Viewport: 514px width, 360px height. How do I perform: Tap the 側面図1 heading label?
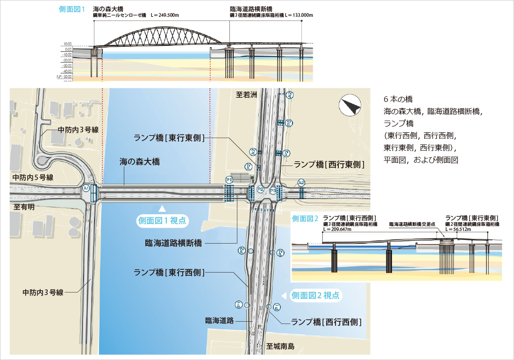tap(71, 9)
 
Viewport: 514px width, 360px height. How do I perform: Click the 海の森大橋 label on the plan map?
tap(140, 162)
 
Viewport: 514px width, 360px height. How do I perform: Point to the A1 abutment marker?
tap(86, 188)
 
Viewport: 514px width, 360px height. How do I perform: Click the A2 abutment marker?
tap(301, 183)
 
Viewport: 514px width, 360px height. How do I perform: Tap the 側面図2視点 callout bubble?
tap(317, 295)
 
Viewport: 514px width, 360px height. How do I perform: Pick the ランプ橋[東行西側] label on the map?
tap(169, 272)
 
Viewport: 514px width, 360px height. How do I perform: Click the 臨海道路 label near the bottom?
tap(219, 321)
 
